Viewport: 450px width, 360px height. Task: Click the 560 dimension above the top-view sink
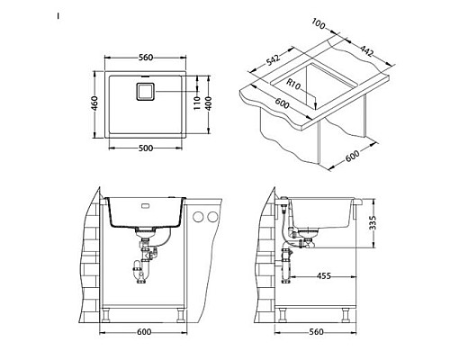coord(146,58)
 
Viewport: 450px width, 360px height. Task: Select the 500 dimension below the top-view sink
coord(146,148)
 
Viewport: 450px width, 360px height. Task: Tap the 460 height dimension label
coord(94,103)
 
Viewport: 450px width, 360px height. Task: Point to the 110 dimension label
coord(197,103)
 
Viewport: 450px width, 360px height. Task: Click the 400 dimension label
coord(208,103)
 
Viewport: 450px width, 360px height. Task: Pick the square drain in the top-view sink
coord(146,92)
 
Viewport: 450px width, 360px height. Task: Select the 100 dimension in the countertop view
coord(319,24)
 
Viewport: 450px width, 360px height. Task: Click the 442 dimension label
coord(366,50)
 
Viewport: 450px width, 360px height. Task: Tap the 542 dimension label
coord(273,59)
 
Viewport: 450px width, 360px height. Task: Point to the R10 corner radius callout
coord(293,85)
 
